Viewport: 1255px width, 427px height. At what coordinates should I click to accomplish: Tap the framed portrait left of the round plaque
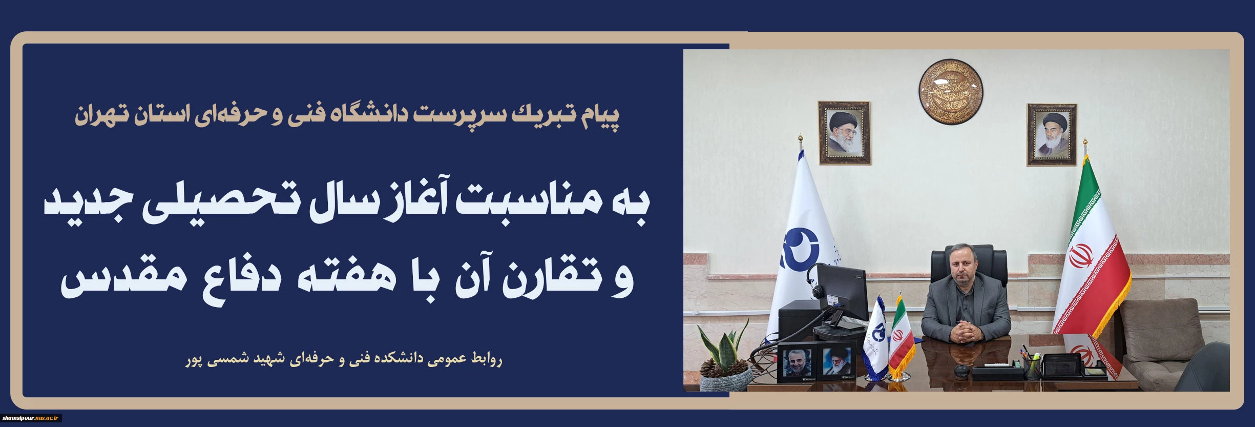[x=844, y=133]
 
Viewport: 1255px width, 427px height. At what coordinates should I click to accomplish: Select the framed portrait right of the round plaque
[x=1051, y=135]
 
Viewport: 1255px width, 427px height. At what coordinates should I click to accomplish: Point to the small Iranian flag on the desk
[x=901, y=336]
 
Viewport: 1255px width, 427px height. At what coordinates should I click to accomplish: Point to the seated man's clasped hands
[x=965, y=330]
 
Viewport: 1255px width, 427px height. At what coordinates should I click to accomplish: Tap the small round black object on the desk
[x=958, y=370]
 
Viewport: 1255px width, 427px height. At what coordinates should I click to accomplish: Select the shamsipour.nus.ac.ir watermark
[x=31, y=418]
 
